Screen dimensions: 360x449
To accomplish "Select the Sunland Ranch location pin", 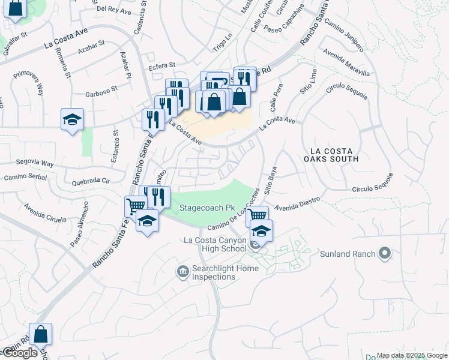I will (385, 254).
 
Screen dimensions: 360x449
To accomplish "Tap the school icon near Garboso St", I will (72, 119).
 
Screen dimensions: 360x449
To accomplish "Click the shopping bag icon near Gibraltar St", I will (16, 9).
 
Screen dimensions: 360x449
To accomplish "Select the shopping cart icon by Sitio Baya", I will (257, 215).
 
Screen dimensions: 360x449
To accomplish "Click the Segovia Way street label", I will (35, 163).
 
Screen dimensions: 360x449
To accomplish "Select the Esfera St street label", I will (163, 65).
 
